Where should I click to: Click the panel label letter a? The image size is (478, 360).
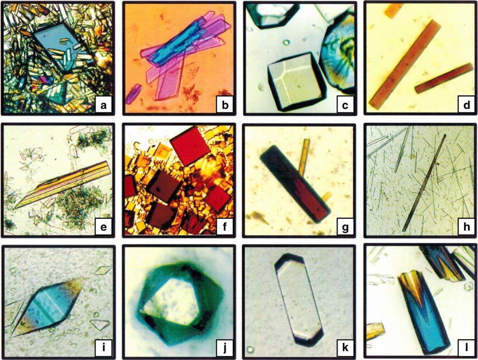[103, 105]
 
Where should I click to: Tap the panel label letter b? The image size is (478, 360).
[225, 105]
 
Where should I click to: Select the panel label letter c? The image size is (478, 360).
[345, 105]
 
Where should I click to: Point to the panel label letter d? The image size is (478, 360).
[467, 105]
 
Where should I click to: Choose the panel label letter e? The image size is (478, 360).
[103, 227]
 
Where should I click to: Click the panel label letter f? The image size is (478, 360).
[225, 226]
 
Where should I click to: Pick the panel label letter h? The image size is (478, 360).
[467, 226]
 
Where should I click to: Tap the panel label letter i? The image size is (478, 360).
[103, 347]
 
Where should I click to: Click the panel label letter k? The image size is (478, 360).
[345, 347]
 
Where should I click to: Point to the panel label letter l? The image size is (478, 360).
[467, 347]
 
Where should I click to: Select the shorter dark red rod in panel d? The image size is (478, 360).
[444, 78]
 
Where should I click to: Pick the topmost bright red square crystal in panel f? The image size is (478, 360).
[189, 146]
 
